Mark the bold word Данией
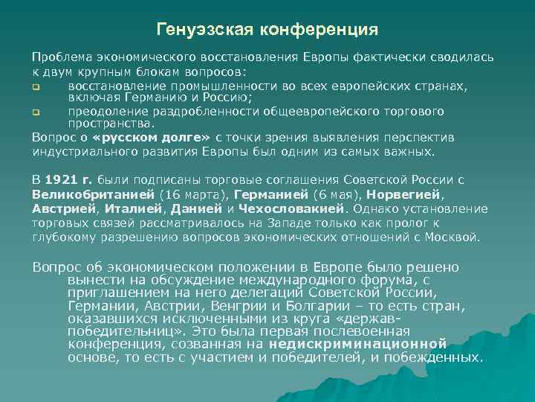[x=196, y=208]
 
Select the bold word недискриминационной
[x=357, y=344]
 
